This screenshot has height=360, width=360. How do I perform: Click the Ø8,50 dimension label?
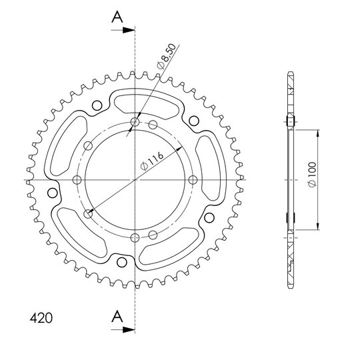coord(167,56)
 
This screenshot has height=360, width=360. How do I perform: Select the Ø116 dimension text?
coord(152,161)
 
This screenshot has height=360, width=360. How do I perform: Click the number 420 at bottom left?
coord(41,318)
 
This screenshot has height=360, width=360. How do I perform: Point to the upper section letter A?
coord(117,17)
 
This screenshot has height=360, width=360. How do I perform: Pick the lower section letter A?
coord(117,316)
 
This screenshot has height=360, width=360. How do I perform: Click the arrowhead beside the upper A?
coord(129,30)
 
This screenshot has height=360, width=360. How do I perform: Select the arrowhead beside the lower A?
coord(129,330)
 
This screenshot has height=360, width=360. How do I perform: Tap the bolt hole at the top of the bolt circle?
coord(135,122)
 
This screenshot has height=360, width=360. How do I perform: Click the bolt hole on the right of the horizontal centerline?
coord(193,180)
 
